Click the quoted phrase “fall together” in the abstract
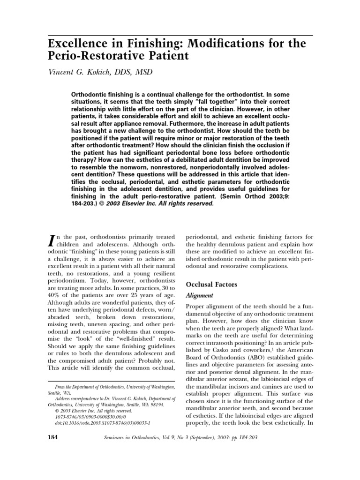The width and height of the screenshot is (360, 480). [224, 101]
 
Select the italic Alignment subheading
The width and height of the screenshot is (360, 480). [200, 296]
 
